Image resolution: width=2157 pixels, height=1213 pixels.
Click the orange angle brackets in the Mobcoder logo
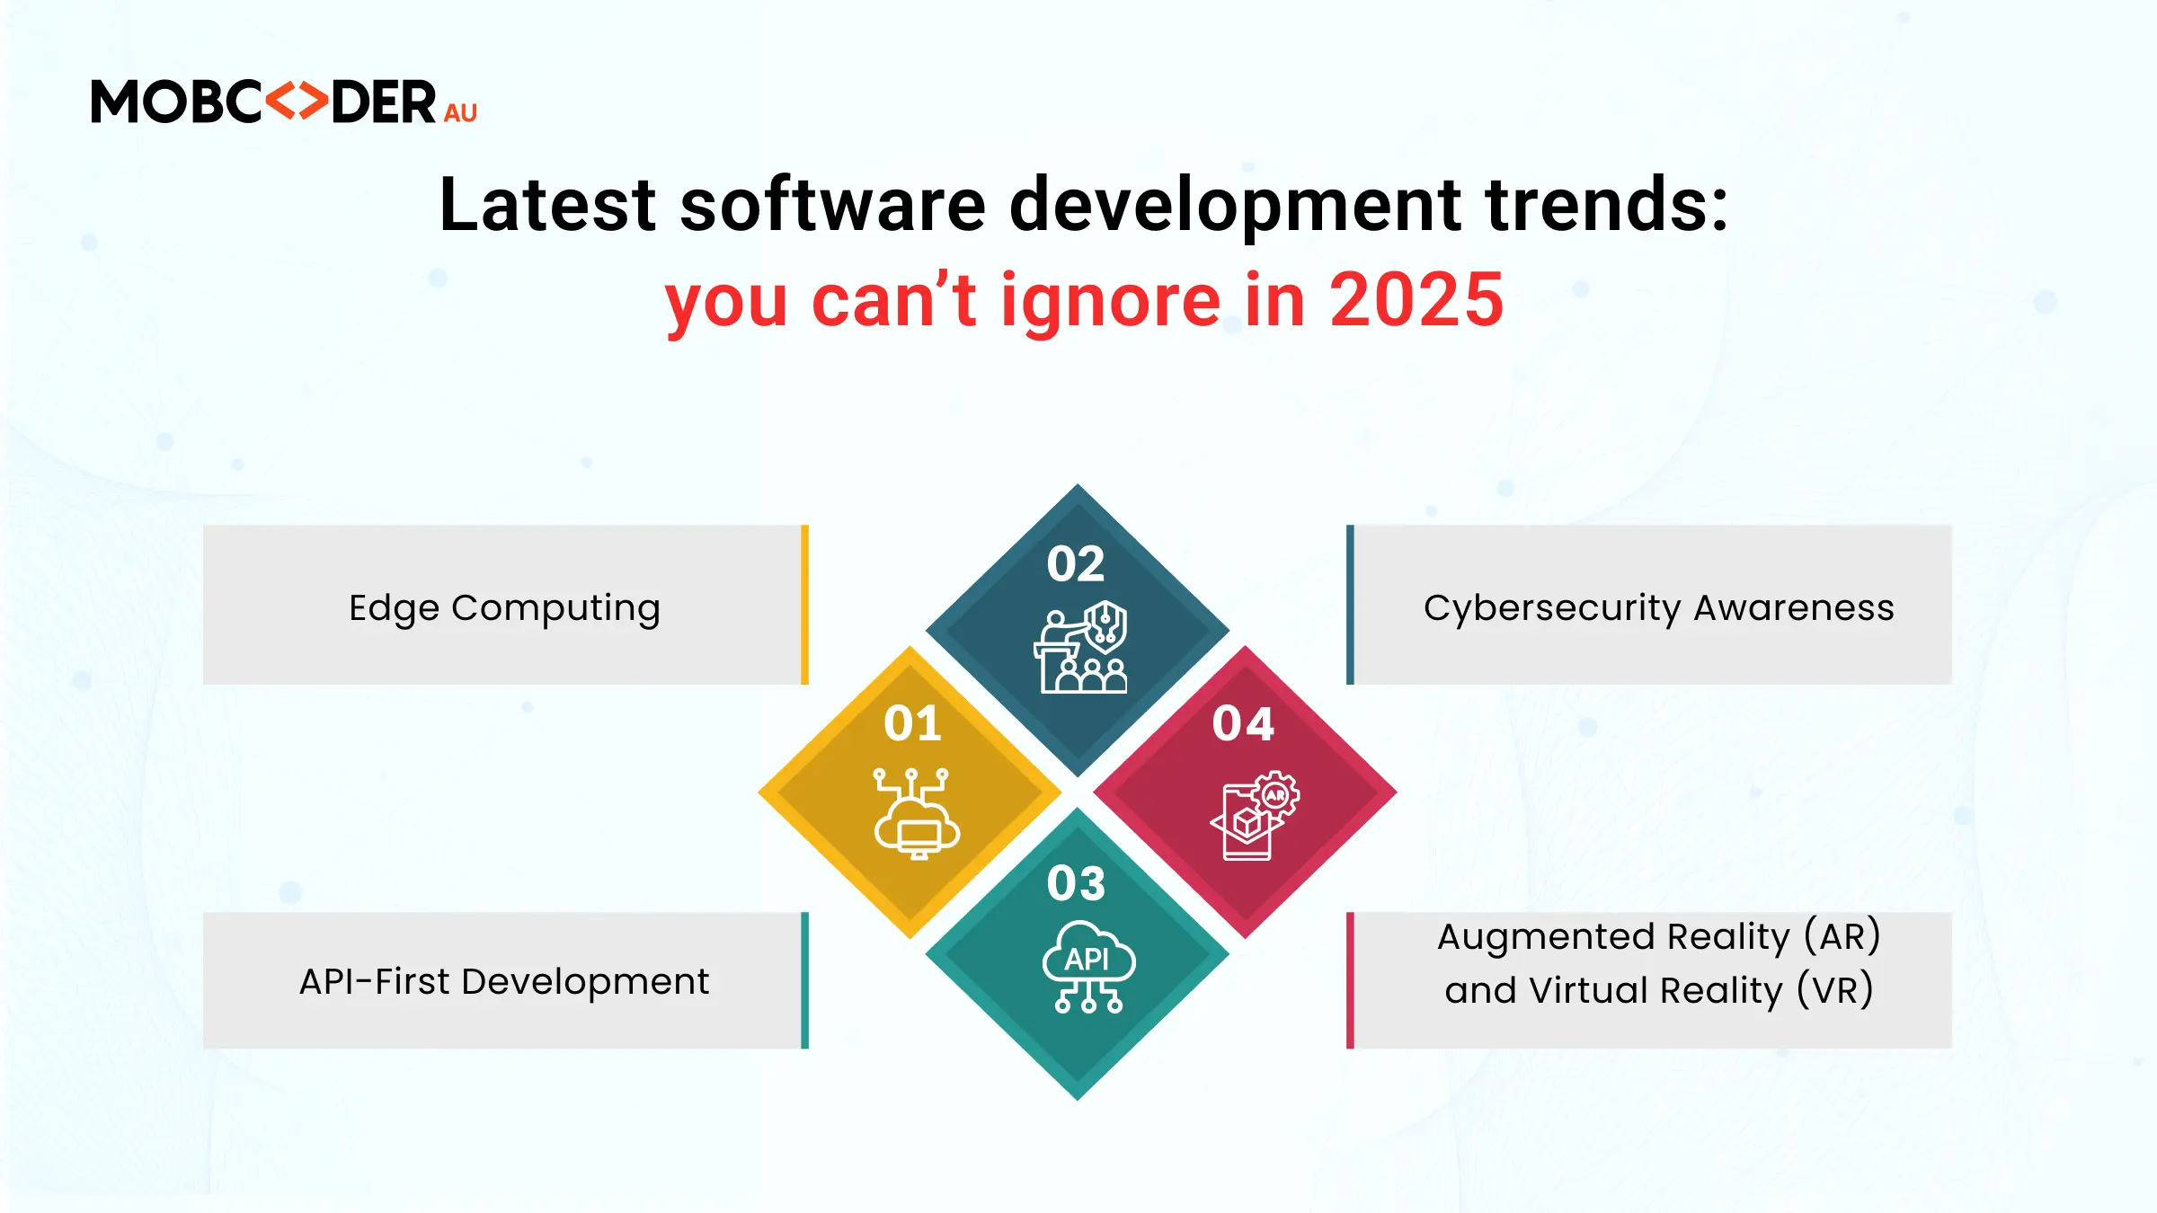pyautogui.click(x=297, y=101)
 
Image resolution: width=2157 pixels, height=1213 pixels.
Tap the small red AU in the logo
pyautogui.click(x=460, y=112)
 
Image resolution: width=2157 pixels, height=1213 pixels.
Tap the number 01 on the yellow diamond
pyautogui.click(x=912, y=723)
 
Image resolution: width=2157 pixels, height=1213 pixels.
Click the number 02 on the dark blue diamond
pyautogui.click(x=1076, y=564)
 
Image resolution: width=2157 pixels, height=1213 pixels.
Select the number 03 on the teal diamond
pyautogui.click(x=1076, y=883)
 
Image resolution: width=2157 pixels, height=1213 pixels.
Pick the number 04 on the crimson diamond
pyautogui.click(x=1243, y=723)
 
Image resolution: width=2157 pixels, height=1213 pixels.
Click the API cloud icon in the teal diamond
pyautogui.click(x=1088, y=967)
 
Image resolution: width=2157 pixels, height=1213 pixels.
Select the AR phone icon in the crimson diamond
pyautogui.click(x=1255, y=815)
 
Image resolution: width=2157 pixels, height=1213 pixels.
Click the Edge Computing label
pyautogui.click(x=504, y=608)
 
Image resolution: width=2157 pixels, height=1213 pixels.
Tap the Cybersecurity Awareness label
pyautogui.click(x=1659, y=608)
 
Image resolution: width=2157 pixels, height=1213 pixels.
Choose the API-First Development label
pyautogui.click(x=504, y=981)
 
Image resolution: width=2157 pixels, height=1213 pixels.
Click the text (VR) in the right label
pyautogui.click(x=1835, y=990)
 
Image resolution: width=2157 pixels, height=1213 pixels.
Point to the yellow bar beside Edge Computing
pyautogui.click(x=805, y=605)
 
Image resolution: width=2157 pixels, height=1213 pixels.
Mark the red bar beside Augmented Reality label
pyautogui.click(x=1350, y=980)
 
